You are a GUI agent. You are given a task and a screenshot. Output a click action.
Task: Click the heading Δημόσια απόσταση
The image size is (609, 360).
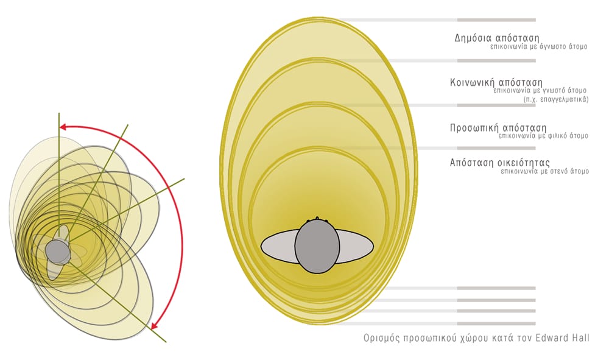497,38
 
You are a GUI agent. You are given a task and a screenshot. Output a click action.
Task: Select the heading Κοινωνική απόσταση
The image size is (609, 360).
496,83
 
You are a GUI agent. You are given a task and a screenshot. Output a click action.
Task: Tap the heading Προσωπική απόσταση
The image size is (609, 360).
498,128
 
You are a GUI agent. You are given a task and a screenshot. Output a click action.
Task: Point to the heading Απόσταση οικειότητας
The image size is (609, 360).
500,162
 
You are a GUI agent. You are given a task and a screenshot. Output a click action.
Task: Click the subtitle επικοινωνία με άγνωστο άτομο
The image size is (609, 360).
539,47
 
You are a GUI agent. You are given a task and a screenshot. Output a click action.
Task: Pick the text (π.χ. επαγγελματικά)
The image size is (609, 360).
556,99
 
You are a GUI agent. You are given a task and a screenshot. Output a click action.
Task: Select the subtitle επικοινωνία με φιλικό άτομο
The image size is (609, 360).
544,136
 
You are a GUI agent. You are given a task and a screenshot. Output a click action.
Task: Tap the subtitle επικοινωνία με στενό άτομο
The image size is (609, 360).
545,171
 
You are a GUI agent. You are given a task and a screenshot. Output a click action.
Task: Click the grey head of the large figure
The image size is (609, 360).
317,246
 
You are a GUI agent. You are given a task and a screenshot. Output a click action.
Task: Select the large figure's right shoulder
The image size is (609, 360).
356,245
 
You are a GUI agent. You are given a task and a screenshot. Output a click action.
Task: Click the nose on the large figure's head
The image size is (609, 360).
317,218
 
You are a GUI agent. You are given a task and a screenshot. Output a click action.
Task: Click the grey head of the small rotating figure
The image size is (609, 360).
57,251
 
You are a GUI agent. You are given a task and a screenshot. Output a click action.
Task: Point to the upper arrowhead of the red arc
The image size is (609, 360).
63,127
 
